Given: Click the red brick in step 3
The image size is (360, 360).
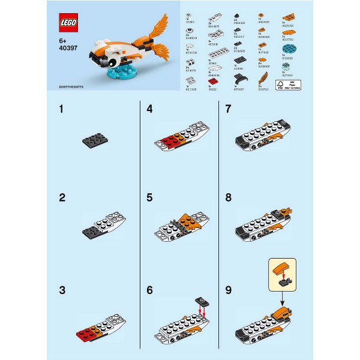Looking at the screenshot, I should [x=86, y=333].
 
